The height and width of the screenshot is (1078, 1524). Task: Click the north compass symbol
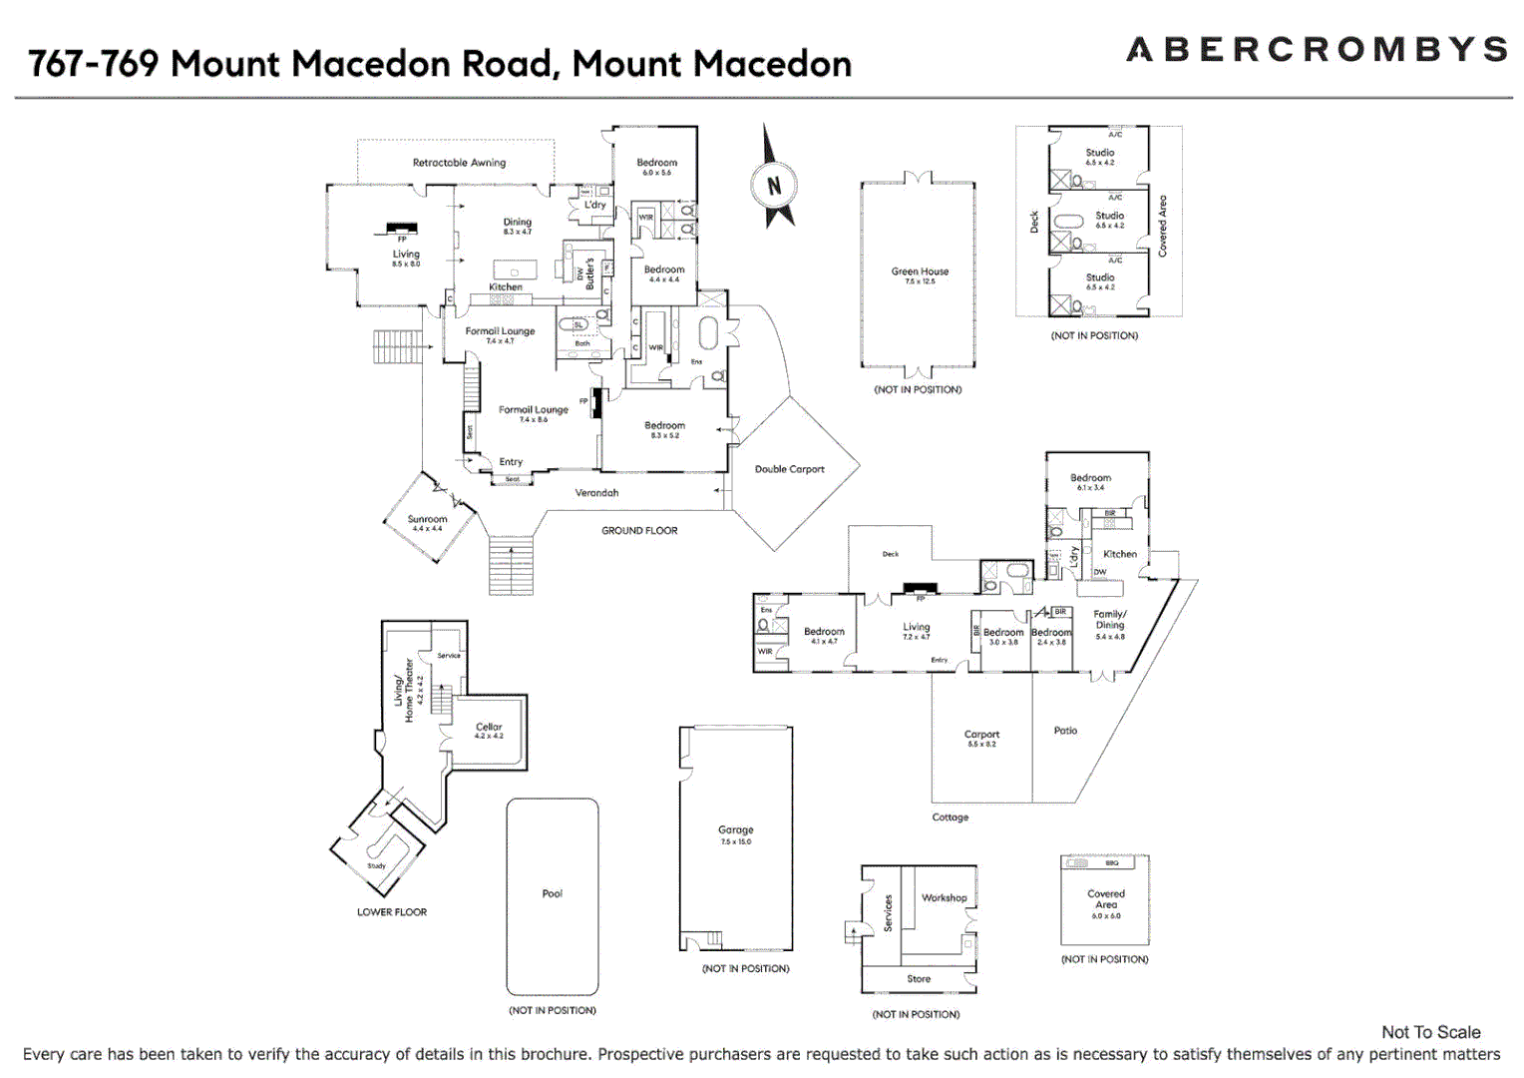pyautogui.click(x=773, y=185)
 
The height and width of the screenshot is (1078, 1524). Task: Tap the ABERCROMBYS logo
pyautogui.click(x=1316, y=50)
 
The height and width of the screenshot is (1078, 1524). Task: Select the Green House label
pyautogui.click(x=920, y=271)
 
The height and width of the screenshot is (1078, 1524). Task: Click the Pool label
pyautogui.click(x=553, y=893)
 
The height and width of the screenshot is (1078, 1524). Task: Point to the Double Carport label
pyautogui.click(x=789, y=469)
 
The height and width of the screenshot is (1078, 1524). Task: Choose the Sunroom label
pyautogui.click(x=427, y=520)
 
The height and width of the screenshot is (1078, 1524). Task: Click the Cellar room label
pyautogui.click(x=489, y=728)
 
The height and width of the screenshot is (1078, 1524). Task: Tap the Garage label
pyautogui.click(x=736, y=830)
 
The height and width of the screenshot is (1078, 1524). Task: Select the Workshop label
pyautogui.click(x=944, y=898)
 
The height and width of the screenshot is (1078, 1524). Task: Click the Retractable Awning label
pyautogui.click(x=459, y=163)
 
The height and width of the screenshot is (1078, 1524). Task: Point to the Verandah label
pyautogui.click(x=596, y=493)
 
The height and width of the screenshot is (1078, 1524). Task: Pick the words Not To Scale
pyautogui.click(x=1430, y=1032)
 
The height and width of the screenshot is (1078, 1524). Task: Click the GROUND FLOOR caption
pyautogui.click(x=639, y=531)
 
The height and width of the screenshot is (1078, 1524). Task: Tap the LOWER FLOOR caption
pyautogui.click(x=392, y=912)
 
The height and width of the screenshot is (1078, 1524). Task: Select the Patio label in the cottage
pyautogui.click(x=1065, y=731)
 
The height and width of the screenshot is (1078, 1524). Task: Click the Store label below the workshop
pyautogui.click(x=919, y=979)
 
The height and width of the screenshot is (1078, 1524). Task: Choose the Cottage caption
pyautogui.click(x=950, y=817)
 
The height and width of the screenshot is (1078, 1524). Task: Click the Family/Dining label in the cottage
pyautogui.click(x=1110, y=620)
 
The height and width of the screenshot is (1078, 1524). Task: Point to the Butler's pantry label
pyautogui.click(x=589, y=273)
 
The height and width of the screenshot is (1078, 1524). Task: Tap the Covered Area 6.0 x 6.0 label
pyautogui.click(x=1105, y=899)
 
